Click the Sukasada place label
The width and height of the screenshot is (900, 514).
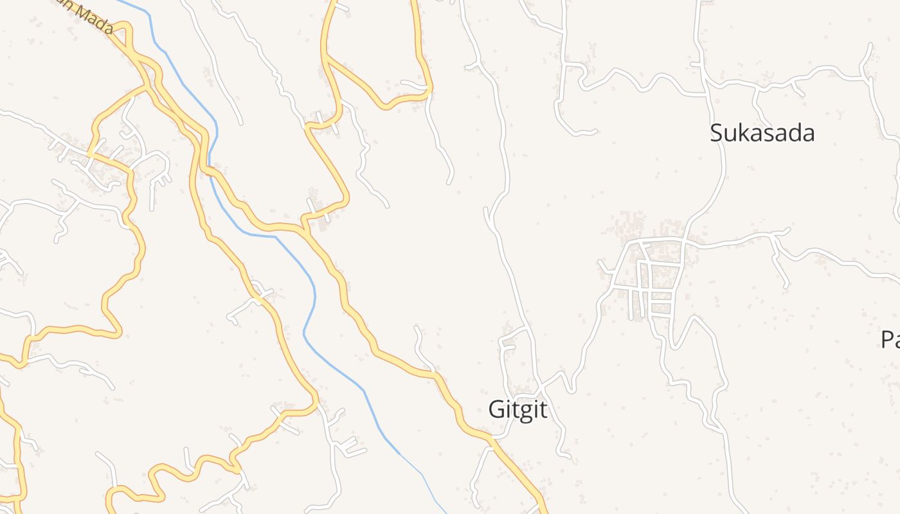coord(762,133)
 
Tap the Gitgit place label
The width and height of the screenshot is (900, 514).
coord(518,409)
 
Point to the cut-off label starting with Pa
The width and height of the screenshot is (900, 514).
coord(890,339)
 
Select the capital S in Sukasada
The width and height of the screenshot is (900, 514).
coord(716,134)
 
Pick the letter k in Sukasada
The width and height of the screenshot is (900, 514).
coord(744,133)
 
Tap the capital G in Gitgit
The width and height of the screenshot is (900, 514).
coord(496,409)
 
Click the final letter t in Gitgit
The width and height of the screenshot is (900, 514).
coord(544,409)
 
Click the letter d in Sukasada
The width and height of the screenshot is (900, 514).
coord(795,133)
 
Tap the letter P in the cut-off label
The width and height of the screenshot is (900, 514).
coord(887,339)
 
